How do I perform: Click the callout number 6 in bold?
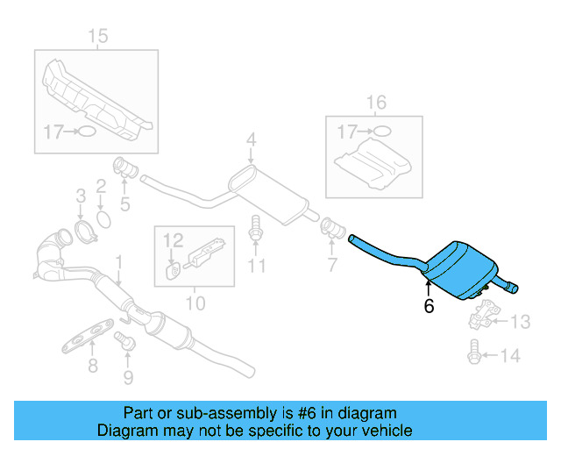click(x=429, y=306)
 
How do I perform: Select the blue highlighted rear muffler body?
click(x=460, y=268)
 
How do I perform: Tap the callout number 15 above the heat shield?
click(x=97, y=35)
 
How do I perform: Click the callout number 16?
click(x=375, y=103)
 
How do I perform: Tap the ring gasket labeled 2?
click(x=102, y=215)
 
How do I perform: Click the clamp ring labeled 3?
click(x=84, y=232)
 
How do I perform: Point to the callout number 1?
click(x=119, y=261)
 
